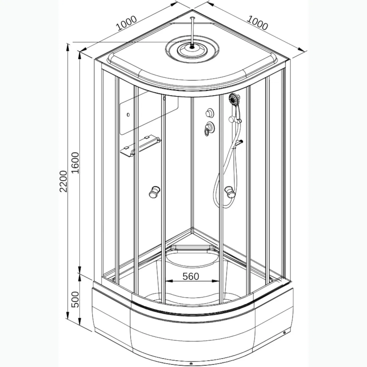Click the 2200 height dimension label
click(63, 181)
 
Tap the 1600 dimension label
click(76, 162)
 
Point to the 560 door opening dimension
click(191, 276)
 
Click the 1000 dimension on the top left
click(127, 23)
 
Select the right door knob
click(230, 192)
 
